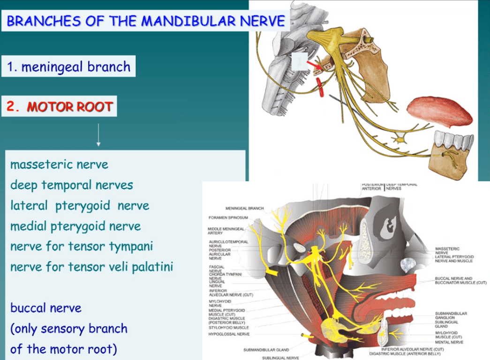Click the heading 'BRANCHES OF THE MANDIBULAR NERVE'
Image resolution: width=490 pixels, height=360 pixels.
pyautogui.click(x=146, y=21)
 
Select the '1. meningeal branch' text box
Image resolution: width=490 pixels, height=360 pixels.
pyautogui.click(x=69, y=67)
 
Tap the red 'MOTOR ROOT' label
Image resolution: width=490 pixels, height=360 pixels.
pyautogui.click(x=69, y=107)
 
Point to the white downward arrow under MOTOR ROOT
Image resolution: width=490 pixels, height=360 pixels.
pyautogui.click(x=98, y=135)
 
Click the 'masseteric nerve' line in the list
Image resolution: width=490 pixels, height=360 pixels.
pyautogui.click(x=59, y=165)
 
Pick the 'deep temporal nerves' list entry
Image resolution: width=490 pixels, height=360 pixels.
pyautogui.click(x=71, y=185)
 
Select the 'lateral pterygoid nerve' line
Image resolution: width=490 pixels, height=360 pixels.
pyautogui.click(x=80, y=206)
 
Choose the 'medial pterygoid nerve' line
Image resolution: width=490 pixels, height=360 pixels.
pyautogui.click(x=75, y=226)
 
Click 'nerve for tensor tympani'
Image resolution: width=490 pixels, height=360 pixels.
pyautogui.click(x=82, y=247)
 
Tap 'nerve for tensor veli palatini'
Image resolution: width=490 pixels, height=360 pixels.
pyautogui.click(x=91, y=267)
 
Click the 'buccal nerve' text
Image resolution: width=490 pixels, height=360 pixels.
pyautogui.click(x=46, y=308)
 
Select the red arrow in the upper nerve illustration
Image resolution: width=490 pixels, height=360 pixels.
pyautogui.click(x=314, y=61)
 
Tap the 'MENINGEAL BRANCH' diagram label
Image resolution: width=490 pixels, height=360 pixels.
pyautogui.click(x=244, y=208)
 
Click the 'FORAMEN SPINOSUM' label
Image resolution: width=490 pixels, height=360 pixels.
pyautogui.click(x=228, y=217)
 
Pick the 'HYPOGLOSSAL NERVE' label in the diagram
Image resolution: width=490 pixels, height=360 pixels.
pyautogui.click(x=229, y=334)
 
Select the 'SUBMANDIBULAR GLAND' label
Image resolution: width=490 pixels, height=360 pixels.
pyautogui.click(x=266, y=350)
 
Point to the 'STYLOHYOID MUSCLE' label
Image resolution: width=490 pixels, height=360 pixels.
pyautogui.click(x=229, y=328)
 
